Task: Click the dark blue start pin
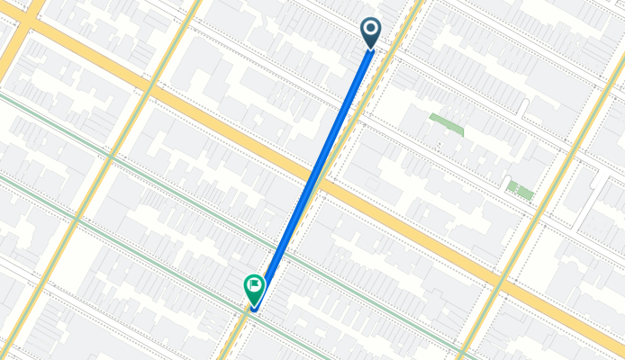coord(370,32)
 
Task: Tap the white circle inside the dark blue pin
coord(370,29)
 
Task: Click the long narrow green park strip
coord(446,124)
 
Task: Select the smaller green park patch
coord(519,190)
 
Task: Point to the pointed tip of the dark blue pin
coord(370,49)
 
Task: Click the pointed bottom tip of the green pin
coord(255,306)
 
